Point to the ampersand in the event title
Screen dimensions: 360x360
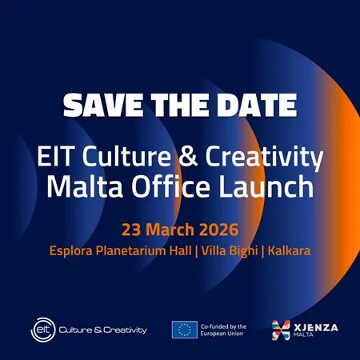pyautogui.click(x=186, y=156)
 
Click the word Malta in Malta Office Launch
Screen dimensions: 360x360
pyautogui.click(x=79, y=188)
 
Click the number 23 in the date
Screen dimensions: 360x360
pyautogui.click(x=131, y=230)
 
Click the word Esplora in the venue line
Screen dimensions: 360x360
pyautogui.click(x=76, y=250)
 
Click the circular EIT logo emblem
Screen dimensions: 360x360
pyautogui.click(x=42, y=328)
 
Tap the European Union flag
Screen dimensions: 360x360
pyautogui.click(x=184, y=329)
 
